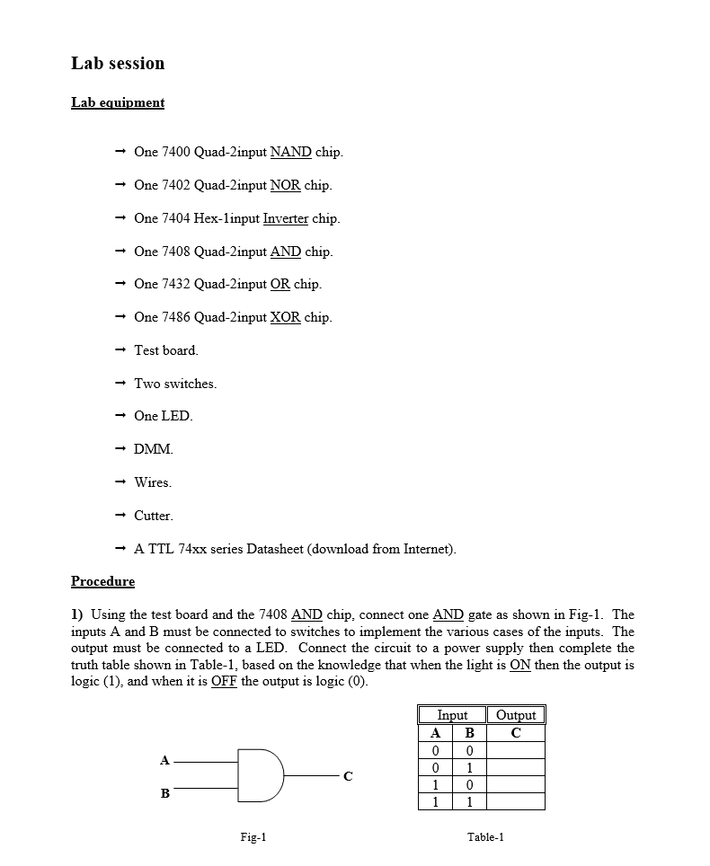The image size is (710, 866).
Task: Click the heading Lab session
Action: point(118,64)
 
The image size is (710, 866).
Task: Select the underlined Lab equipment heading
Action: point(118,102)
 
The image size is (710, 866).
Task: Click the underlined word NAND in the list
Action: point(290,152)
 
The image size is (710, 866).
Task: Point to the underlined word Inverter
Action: point(285,218)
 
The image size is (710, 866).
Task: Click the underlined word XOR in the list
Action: point(285,317)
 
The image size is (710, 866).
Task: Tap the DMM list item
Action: point(153,449)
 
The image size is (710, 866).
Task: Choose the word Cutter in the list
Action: point(153,516)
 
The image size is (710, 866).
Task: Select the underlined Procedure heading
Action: point(102,581)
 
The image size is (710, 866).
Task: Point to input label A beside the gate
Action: point(164,760)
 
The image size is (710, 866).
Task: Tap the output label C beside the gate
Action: point(348,776)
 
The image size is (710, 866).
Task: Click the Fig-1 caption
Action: point(253,837)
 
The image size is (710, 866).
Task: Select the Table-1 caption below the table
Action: point(485,837)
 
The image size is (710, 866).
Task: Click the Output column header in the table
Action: point(516,715)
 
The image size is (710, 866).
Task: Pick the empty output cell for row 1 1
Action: point(516,801)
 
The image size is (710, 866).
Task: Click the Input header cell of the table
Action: point(452,715)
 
